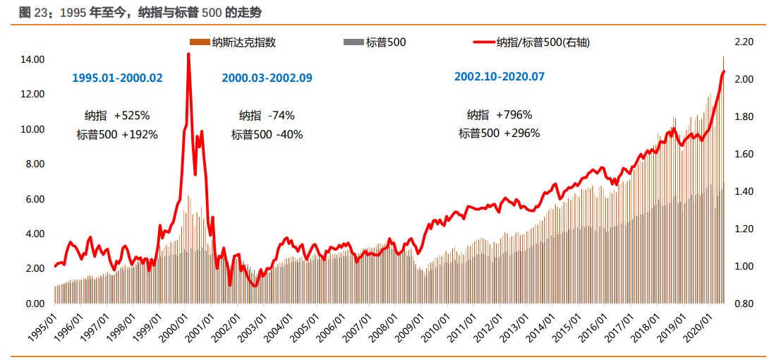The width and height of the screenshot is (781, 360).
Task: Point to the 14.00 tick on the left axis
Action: click(33, 59)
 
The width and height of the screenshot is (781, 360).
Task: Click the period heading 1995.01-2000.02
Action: click(117, 78)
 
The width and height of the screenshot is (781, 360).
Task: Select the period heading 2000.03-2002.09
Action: click(267, 78)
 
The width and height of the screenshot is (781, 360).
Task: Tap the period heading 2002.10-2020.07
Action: click(500, 76)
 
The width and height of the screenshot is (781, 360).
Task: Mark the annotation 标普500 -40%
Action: click(267, 134)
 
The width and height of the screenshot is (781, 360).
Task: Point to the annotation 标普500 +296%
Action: click(499, 133)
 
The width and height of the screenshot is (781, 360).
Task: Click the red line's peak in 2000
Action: click(188, 54)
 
